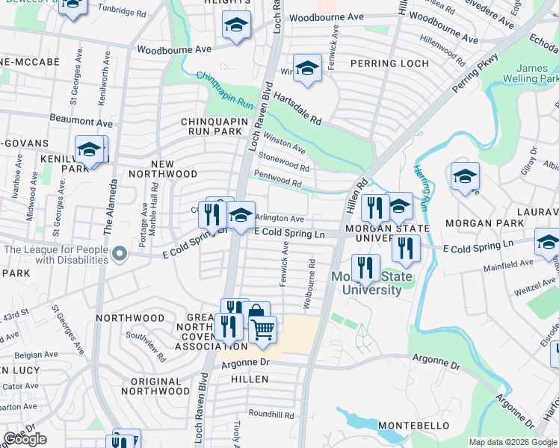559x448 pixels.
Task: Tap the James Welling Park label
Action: pyautogui.click(x=537, y=73)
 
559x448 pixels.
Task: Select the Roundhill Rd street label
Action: pyautogui.click(x=274, y=414)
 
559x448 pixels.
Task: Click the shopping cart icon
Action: pyautogui.click(x=262, y=329)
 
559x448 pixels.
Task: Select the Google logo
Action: pyautogui.click(x=25, y=439)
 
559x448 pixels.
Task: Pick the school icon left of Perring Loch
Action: pyautogui.click(x=306, y=69)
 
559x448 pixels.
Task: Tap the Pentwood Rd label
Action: pyautogui.click(x=277, y=180)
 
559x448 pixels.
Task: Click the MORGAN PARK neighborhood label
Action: pyautogui.click(x=478, y=223)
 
